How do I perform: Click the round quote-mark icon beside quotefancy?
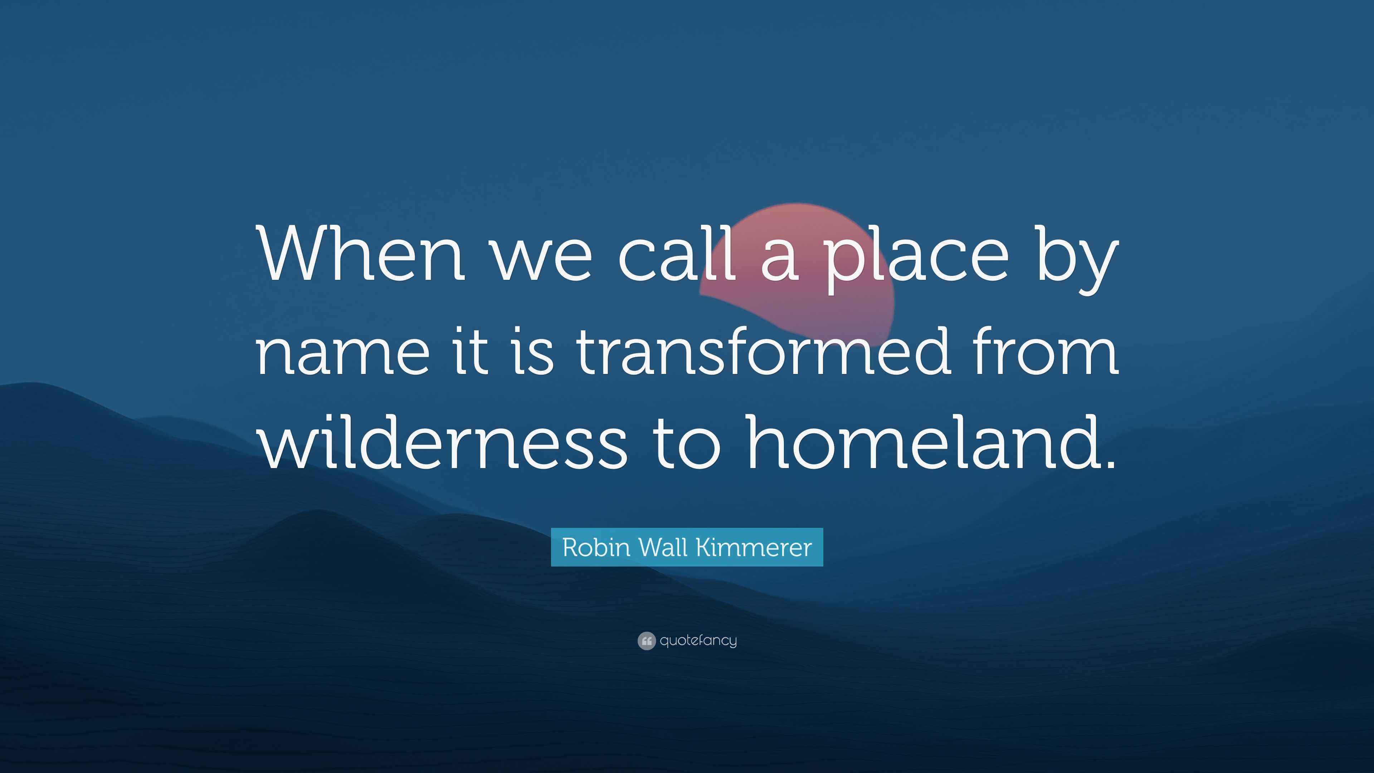pos(646,641)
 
